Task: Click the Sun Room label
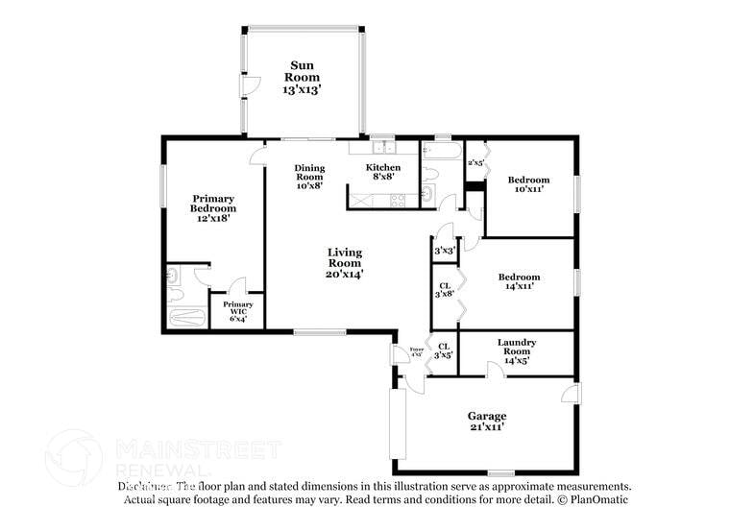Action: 302,77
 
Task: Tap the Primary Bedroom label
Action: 212,208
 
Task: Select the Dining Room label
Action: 309,177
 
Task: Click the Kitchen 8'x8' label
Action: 383,173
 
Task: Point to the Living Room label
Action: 344,263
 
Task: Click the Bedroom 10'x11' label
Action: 528,184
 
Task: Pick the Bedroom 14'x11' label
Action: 518,280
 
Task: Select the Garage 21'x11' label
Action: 487,421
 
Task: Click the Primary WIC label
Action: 238,312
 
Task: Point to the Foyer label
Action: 417,351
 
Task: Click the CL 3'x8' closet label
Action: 445,289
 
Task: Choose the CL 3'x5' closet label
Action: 444,350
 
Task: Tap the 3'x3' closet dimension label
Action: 444,251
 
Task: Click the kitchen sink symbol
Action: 383,148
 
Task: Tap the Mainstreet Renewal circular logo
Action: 73,458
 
